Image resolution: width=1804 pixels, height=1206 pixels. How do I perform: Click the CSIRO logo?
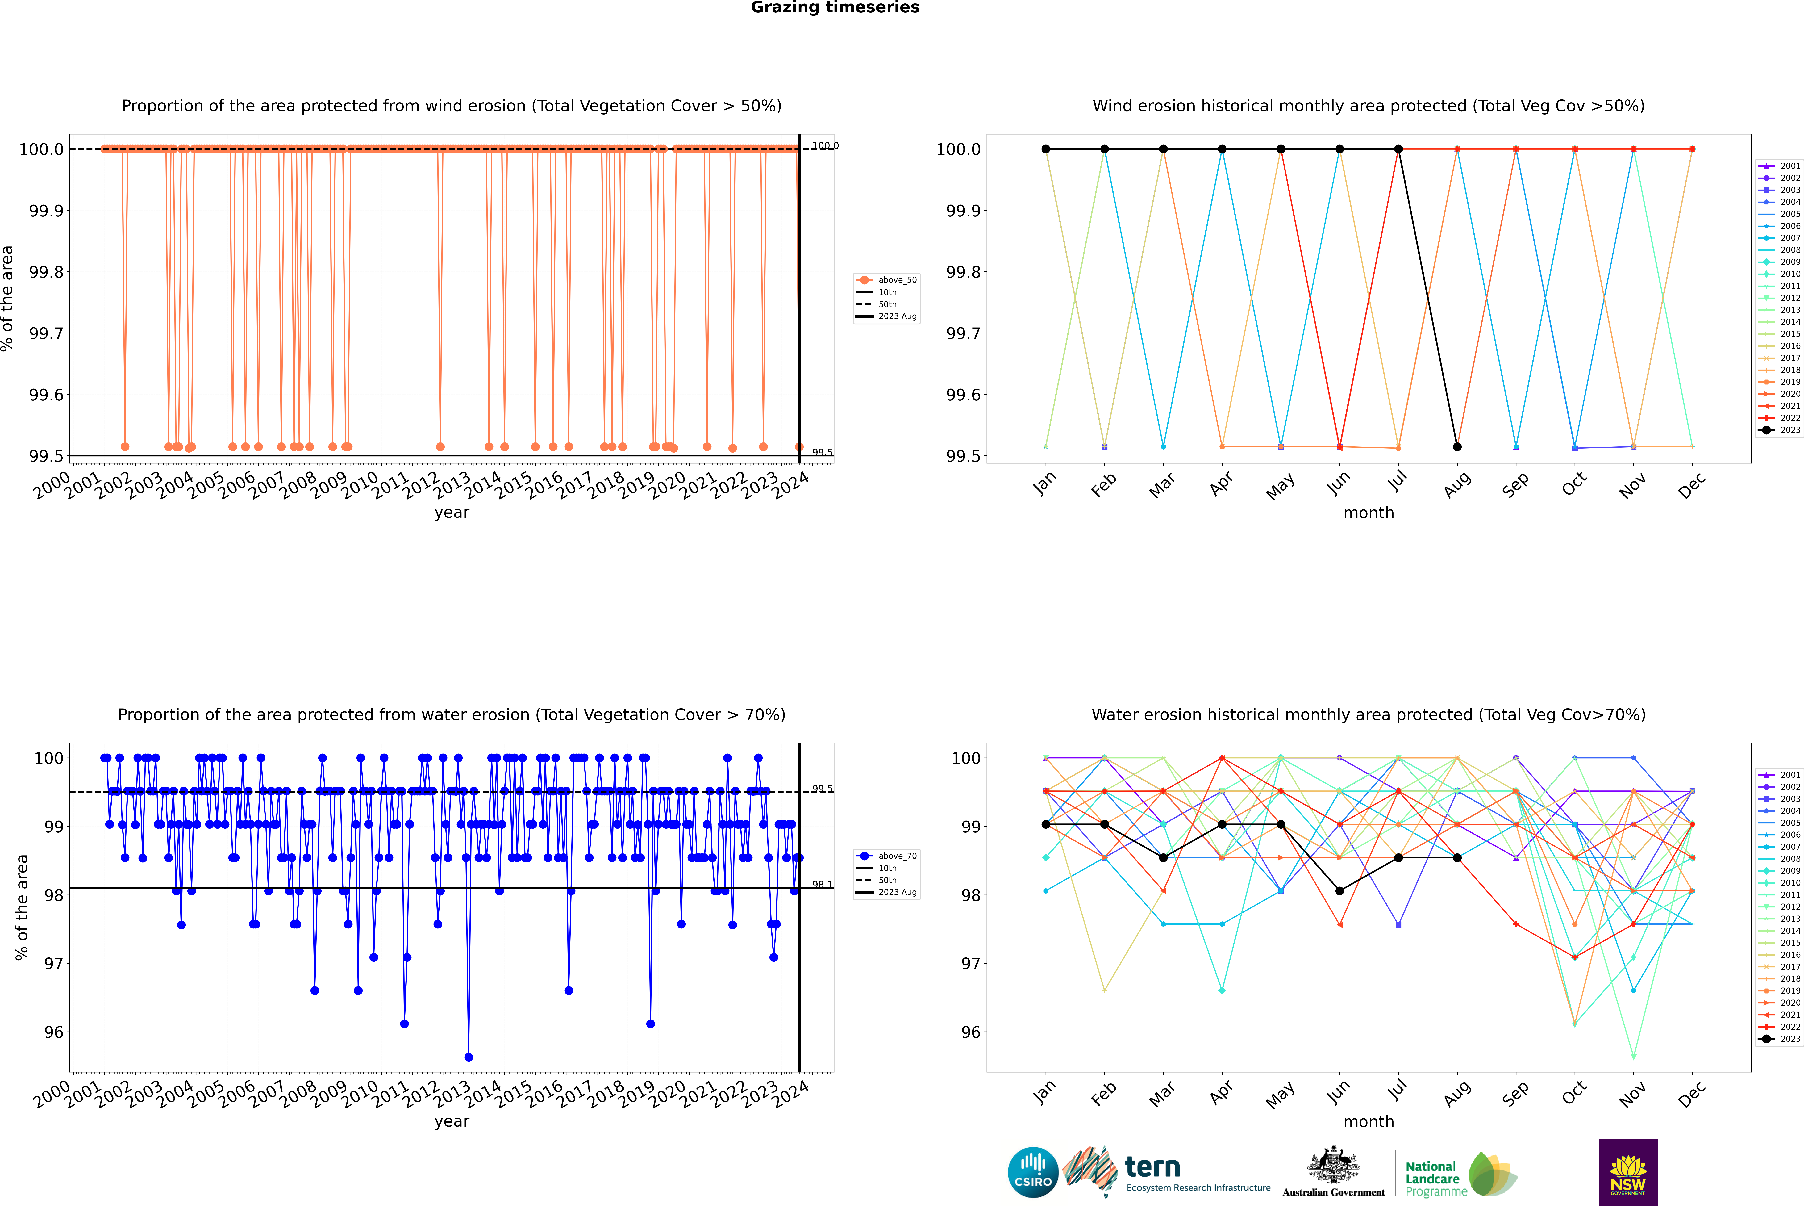pos(1033,1172)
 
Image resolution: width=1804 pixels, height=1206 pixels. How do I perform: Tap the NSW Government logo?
pos(1628,1172)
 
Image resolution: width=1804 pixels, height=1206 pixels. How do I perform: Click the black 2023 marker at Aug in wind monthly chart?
pos(1457,447)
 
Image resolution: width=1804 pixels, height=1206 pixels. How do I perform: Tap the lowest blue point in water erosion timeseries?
pos(469,1057)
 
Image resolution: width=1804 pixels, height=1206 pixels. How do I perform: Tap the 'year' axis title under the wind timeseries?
pos(451,512)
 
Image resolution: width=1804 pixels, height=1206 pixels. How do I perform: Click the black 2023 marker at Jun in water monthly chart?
pos(1339,891)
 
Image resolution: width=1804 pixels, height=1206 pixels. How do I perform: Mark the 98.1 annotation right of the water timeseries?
pos(822,885)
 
